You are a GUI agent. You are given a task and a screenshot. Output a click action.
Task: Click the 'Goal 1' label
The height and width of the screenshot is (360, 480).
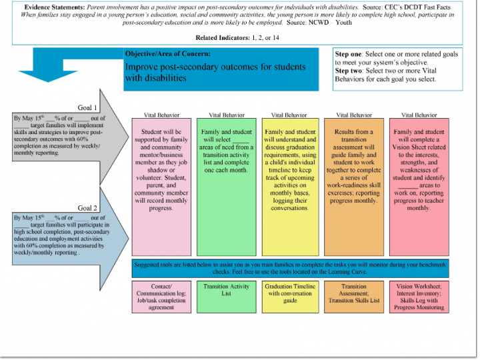[87, 108]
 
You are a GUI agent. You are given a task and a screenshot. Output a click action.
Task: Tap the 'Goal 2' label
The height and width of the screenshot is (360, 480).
[87, 208]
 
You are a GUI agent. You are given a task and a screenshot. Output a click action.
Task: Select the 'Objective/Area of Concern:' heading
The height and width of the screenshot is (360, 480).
[168, 54]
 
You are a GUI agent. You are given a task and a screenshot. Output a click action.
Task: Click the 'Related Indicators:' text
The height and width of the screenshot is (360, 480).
[223, 37]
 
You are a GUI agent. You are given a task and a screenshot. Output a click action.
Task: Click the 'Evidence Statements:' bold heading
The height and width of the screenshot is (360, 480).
[55, 7]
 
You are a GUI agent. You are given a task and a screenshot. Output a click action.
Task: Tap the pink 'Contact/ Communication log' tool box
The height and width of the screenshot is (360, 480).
[161, 297]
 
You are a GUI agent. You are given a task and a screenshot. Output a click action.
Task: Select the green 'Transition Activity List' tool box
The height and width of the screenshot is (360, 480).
[227, 297]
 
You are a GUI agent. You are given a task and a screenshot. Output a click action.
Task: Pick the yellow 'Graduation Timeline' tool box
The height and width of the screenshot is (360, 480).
[290, 297]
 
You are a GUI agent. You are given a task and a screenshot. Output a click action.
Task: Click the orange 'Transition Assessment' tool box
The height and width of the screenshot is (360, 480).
[354, 297]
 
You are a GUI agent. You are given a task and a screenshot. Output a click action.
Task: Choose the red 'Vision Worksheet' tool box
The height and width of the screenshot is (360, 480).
[419, 297]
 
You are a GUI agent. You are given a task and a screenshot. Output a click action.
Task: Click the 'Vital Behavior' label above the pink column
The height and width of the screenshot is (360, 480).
[161, 115]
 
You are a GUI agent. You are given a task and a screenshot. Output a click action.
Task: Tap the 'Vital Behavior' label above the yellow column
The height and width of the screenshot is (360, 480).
[289, 115]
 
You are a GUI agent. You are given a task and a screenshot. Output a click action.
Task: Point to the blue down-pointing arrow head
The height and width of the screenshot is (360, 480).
[48, 76]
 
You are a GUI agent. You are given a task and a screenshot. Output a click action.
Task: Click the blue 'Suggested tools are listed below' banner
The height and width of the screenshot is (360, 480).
[290, 269]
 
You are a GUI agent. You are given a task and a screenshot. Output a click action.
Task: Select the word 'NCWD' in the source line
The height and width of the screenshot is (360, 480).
[319, 23]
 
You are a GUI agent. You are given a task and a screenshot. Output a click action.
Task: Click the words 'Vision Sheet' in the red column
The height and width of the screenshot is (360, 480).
[419, 147]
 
